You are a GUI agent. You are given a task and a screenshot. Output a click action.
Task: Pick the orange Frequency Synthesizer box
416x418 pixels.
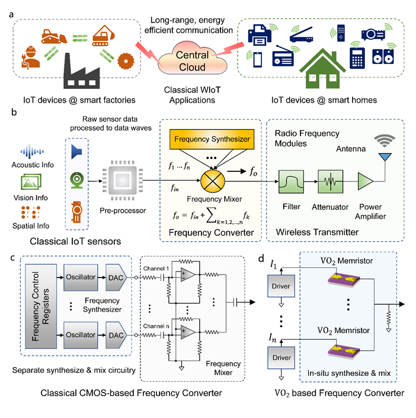point(210,139)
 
